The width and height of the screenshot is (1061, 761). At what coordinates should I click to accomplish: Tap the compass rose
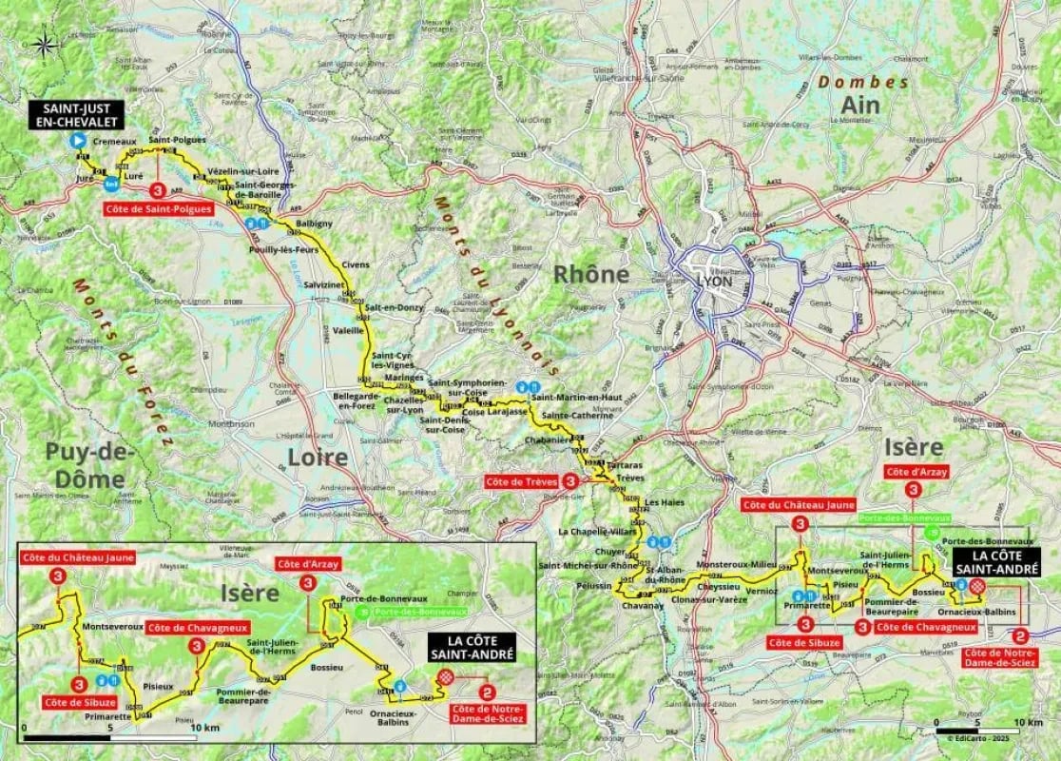(44, 43)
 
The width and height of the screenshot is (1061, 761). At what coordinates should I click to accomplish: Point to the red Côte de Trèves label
(522, 481)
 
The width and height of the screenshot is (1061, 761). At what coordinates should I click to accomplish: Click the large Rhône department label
(591, 274)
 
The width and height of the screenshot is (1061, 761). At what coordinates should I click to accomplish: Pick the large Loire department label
(318, 458)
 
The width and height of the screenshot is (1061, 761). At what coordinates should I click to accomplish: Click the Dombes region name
(864, 83)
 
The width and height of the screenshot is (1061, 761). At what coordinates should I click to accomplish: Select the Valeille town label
(348, 331)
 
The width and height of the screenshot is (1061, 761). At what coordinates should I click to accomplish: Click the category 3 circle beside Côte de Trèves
(569, 481)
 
